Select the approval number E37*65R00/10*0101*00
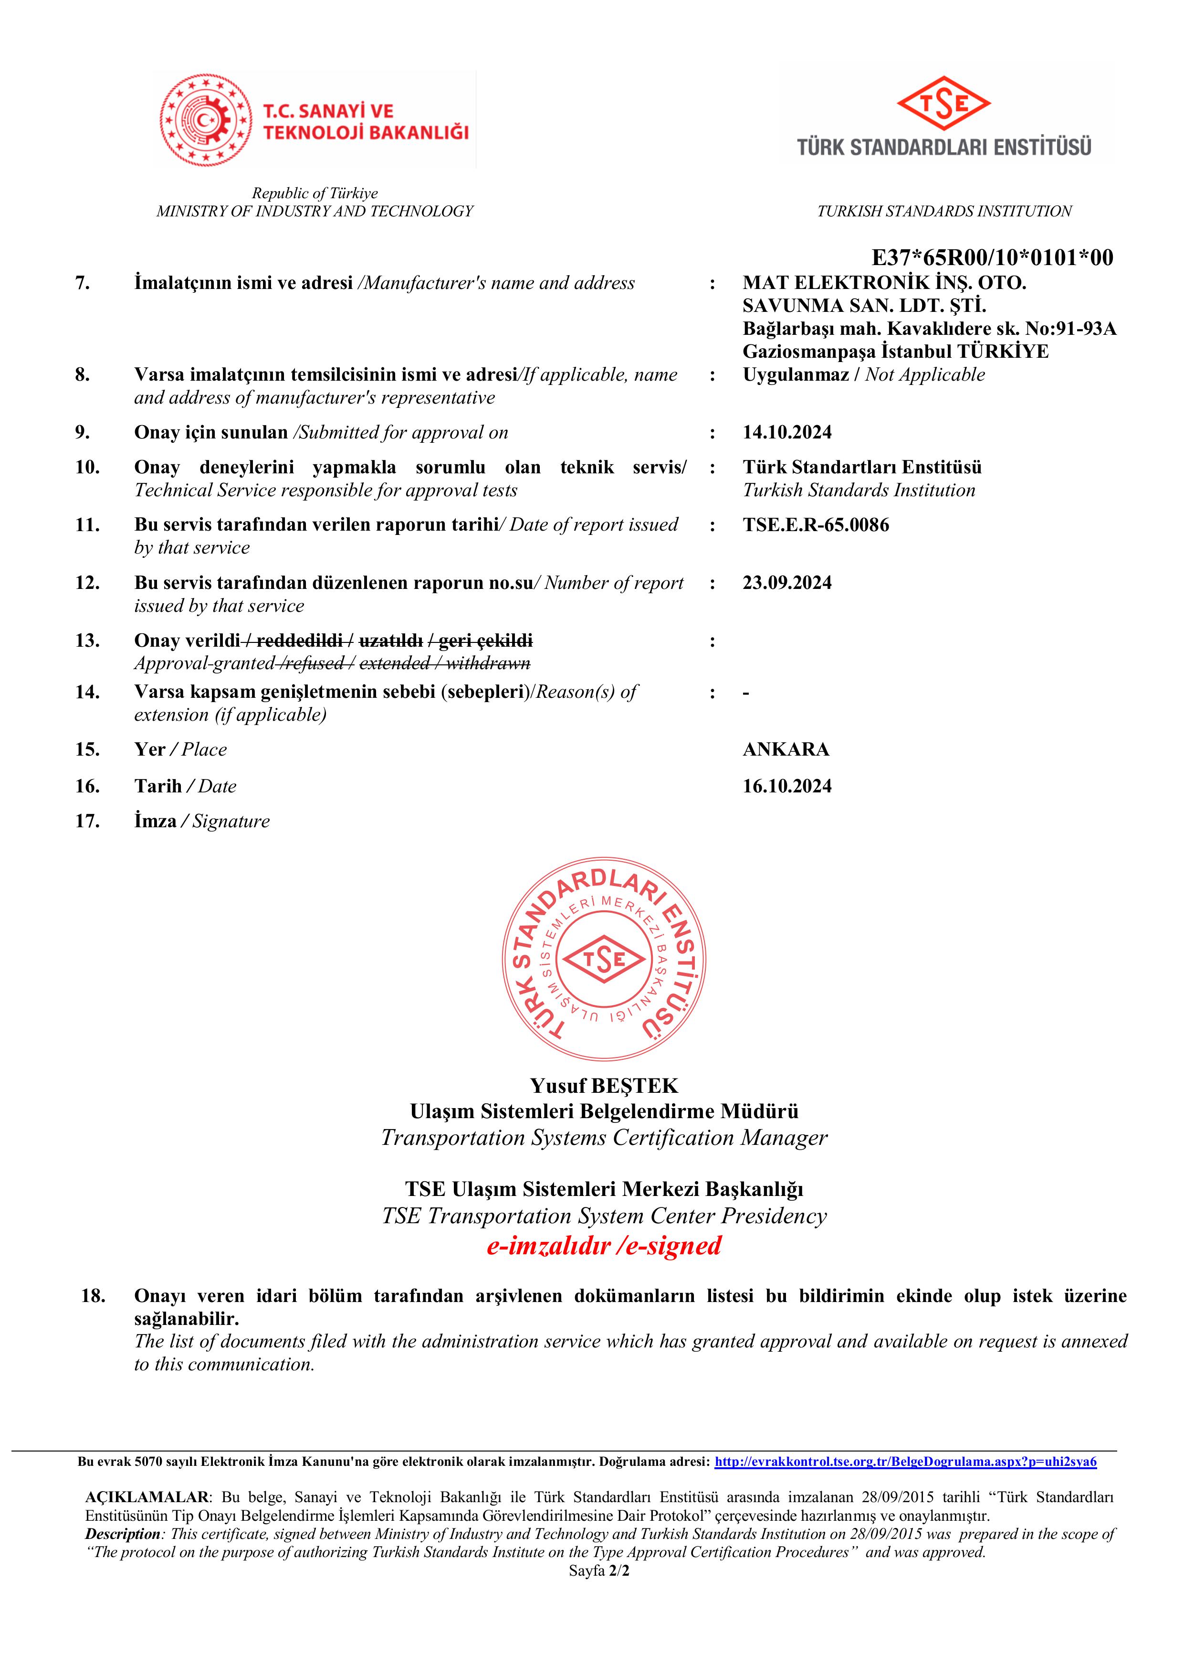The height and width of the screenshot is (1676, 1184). point(992,257)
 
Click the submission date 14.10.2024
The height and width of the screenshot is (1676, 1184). point(786,433)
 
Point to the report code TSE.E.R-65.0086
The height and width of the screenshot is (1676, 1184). point(816,525)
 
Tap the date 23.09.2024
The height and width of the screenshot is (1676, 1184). point(786,583)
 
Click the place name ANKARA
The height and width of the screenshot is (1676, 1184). point(786,750)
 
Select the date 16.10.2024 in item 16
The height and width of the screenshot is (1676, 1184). point(786,786)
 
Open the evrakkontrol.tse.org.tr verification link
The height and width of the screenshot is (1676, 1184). point(905,1462)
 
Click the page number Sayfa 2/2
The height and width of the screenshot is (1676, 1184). point(598,1570)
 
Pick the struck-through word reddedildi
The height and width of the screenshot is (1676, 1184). point(299,641)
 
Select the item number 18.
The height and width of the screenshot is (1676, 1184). point(94,1296)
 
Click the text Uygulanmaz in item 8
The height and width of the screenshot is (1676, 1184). point(795,375)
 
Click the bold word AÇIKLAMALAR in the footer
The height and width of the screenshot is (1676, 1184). point(147,1497)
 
